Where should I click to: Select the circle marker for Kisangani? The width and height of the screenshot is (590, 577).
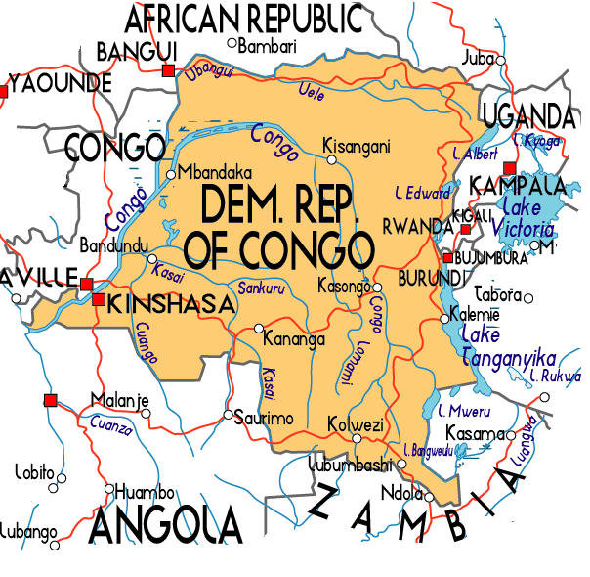(331, 159)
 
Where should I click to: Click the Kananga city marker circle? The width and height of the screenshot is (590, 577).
(259, 328)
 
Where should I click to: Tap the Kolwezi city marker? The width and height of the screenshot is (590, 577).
(329, 425)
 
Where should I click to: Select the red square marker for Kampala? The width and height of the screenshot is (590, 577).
(508, 168)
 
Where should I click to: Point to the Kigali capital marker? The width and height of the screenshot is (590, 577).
(466, 228)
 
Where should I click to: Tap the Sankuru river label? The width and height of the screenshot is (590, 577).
(262, 288)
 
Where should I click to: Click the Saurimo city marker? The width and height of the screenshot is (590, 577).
(228, 415)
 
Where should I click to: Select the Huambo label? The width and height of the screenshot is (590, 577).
(145, 491)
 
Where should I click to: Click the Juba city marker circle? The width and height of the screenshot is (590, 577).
(501, 60)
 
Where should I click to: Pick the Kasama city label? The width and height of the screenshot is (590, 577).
(474, 433)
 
